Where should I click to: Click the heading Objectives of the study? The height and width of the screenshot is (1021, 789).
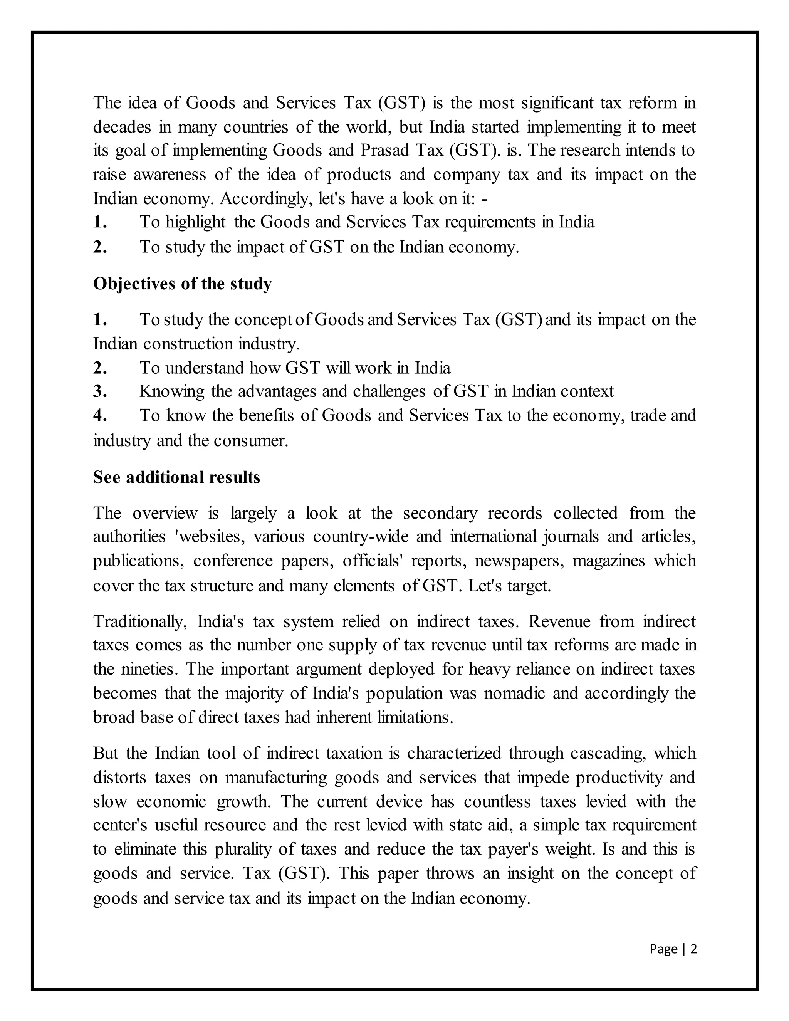182,284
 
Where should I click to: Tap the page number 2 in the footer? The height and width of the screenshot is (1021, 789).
693,949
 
